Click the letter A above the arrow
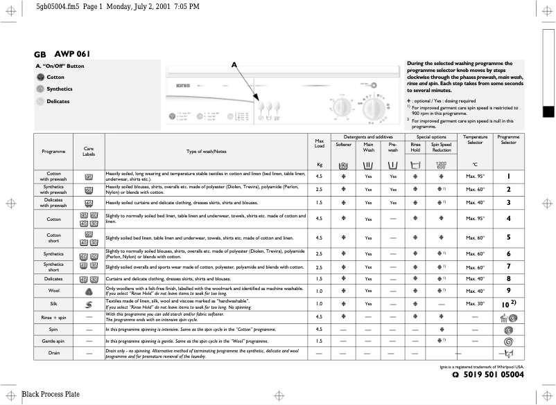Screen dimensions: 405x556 coord(234,64)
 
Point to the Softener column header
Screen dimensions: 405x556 coord(344,145)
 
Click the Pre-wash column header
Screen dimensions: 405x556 coord(392,147)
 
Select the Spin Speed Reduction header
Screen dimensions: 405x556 coord(442,147)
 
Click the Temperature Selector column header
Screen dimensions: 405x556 coord(475,140)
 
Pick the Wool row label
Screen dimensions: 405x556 coord(53,291)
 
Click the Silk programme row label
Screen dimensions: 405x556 coord(53,303)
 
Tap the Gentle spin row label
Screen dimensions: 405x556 coord(53,341)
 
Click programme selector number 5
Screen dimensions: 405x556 coord(508,237)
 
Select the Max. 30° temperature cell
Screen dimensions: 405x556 coord(475,303)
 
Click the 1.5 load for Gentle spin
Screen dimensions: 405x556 coord(320,341)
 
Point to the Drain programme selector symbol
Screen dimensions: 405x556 coord(508,354)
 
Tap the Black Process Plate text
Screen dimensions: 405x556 coord(51,395)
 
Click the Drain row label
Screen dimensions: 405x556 coord(53,353)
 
